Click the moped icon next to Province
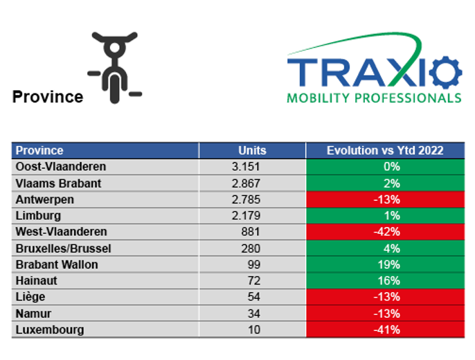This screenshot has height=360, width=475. point(114,67)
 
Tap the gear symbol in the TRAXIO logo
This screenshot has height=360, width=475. point(446,73)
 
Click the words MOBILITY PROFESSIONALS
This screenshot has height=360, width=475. point(374,98)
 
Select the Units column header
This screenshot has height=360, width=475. point(252,150)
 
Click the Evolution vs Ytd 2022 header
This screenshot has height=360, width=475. point(385,150)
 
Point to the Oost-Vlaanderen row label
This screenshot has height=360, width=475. point(61,167)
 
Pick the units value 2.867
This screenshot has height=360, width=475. point(246,183)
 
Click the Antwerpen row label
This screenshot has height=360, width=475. point(45,199)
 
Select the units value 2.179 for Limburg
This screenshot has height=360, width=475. point(246,215)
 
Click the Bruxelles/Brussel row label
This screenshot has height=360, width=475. point(63,249)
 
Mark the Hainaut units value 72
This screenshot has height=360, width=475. point(254,280)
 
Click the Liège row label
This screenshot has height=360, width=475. point(30,297)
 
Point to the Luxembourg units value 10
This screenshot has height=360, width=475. point(254,330)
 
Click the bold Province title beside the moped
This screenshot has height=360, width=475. point(48,97)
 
